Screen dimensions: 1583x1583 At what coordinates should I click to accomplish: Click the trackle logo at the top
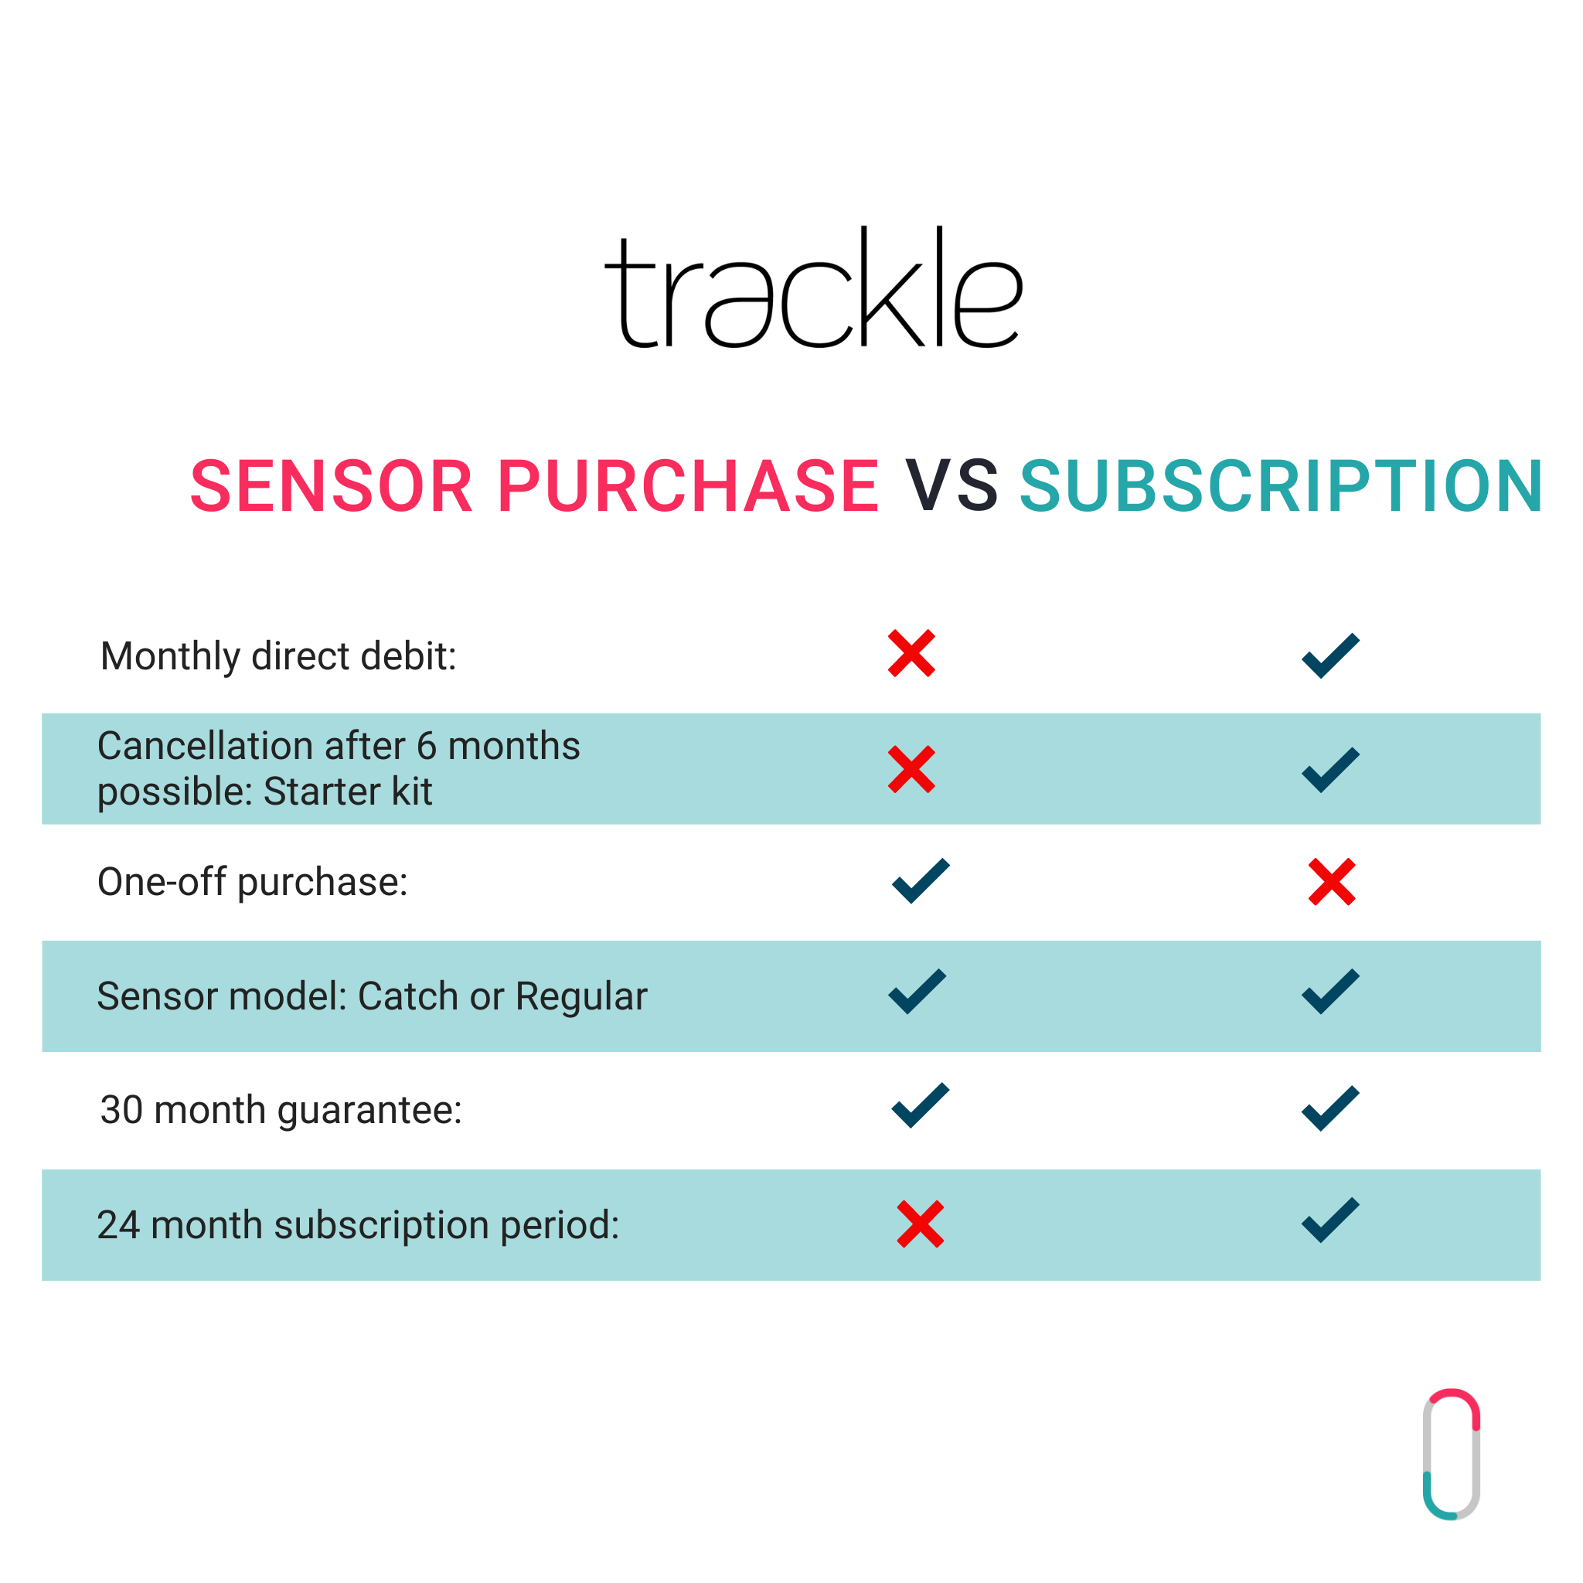pyautogui.click(x=814, y=287)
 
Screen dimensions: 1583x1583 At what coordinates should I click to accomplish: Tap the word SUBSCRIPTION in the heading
pyautogui.click(x=1281, y=487)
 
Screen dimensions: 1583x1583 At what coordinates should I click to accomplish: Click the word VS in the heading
pyautogui.click(x=952, y=487)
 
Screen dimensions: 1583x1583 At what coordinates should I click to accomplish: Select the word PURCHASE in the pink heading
pyautogui.click(x=688, y=487)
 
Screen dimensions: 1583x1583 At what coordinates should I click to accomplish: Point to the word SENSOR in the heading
pyautogui.click(x=332, y=487)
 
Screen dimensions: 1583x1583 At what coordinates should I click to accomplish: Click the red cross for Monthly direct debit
pyautogui.click(x=911, y=653)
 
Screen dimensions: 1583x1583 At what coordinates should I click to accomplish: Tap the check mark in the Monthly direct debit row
pyautogui.click(x=1329, y=655)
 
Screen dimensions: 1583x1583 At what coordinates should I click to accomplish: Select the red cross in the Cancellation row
pyautogui.click(x=911, y=768)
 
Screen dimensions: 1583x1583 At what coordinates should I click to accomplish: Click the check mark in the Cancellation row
pyautogui.click(x=1329, y=769)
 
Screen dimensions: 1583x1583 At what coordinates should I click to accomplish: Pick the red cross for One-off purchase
pyautogui.click(x=1332, y=882)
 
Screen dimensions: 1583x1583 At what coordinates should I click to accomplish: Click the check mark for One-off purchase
pyautogui.click(x=920, y=881)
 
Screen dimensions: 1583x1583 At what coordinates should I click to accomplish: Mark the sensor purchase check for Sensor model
pyautogui.click(x=917, y=992)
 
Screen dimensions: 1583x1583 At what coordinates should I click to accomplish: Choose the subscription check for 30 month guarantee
pyautogui.click(x=1329, y=1108)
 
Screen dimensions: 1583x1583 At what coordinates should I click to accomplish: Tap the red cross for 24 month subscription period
pyautogui.click(x=920, y=1224)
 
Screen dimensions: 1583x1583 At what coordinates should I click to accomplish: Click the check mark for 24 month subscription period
pyautogui.click(x=1329, y=1220)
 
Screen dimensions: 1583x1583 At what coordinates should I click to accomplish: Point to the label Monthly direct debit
pyautogui.click(x=278, y=657)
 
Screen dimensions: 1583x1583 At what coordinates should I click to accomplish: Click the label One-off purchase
pyautogui.click(x=252, y=883)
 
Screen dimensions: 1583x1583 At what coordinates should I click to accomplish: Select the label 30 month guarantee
pyautogui.click(x=281, y=1110)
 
